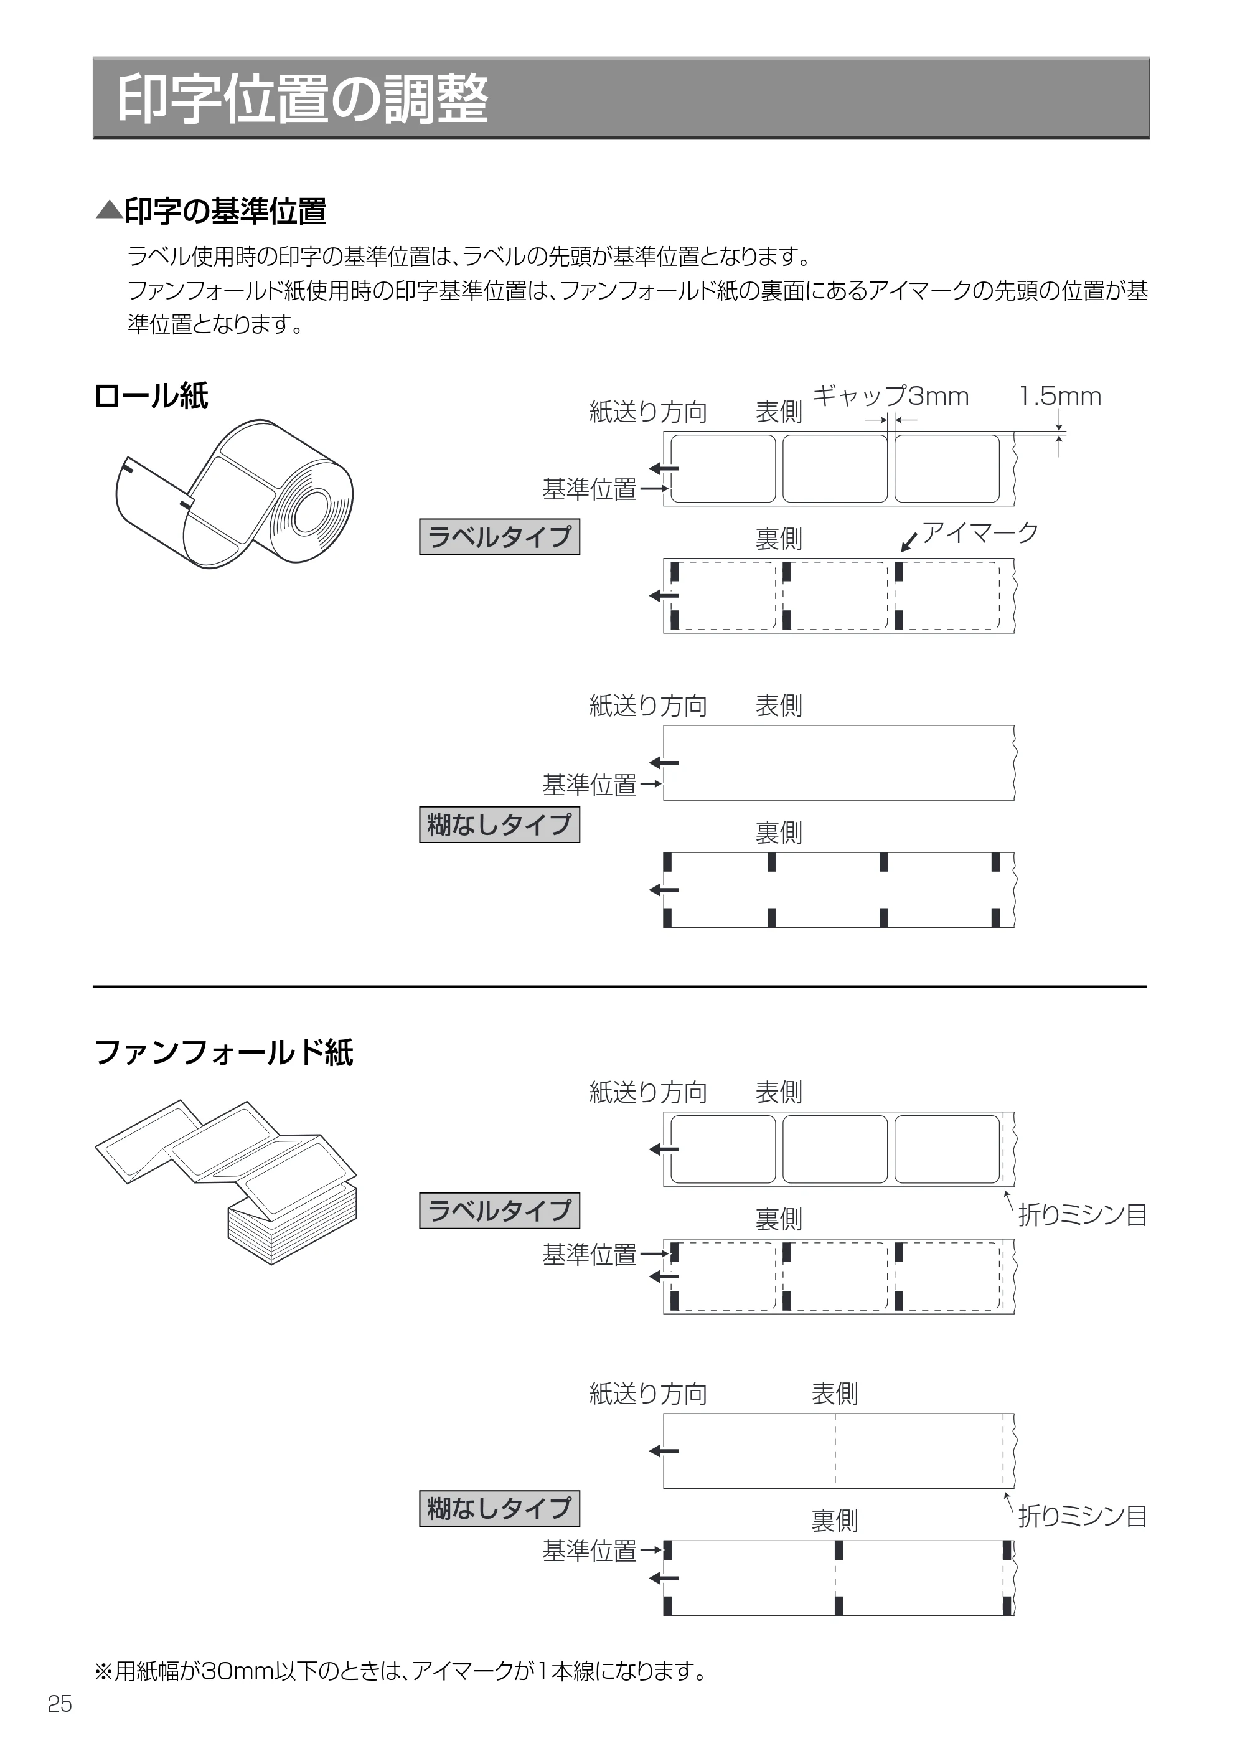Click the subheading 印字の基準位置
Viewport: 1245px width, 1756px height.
point(225,212)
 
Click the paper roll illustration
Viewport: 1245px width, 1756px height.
point(234,494)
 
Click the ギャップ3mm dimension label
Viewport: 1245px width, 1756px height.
point(890,397)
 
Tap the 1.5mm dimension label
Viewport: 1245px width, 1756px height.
point(1060,397)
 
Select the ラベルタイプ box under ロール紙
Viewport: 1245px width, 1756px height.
point(499,537)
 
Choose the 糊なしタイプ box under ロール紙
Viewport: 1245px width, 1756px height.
point(499,825)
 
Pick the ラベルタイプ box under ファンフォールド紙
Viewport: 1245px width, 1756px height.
point(499,1211)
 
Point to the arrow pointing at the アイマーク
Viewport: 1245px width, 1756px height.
point(909,542)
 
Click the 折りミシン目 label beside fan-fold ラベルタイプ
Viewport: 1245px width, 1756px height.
point(1082,1216)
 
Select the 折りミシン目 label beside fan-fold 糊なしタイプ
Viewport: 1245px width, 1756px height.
point(1082,1516)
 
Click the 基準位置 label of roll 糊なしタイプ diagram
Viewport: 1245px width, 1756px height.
point(590,785)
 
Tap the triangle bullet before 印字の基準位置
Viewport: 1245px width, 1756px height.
point(109,210)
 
